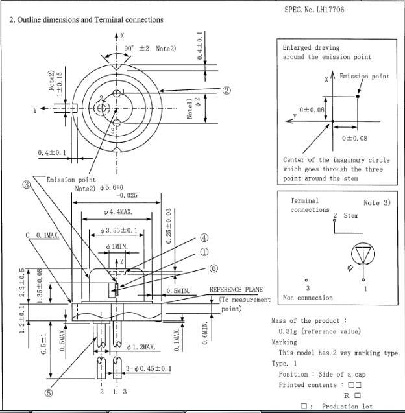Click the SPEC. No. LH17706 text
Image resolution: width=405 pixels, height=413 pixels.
314,9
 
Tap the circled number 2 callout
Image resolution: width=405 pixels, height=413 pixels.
227,90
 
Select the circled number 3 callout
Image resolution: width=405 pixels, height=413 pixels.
26,185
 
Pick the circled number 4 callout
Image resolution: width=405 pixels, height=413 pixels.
204,238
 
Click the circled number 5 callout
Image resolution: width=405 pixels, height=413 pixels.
48,392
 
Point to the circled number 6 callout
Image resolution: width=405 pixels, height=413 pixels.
213,268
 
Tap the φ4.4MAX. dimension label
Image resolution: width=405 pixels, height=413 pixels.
118,213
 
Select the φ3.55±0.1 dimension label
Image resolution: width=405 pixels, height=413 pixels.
119,230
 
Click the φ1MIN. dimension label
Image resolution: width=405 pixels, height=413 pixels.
117,247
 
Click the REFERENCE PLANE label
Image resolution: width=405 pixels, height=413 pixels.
234,290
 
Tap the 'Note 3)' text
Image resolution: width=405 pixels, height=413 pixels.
376,203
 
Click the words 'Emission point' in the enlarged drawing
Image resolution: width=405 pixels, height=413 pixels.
365,77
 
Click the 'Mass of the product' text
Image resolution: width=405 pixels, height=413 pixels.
308,321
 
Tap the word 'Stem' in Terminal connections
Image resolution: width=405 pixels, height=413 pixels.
350,215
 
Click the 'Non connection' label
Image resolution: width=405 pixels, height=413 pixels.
308,298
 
